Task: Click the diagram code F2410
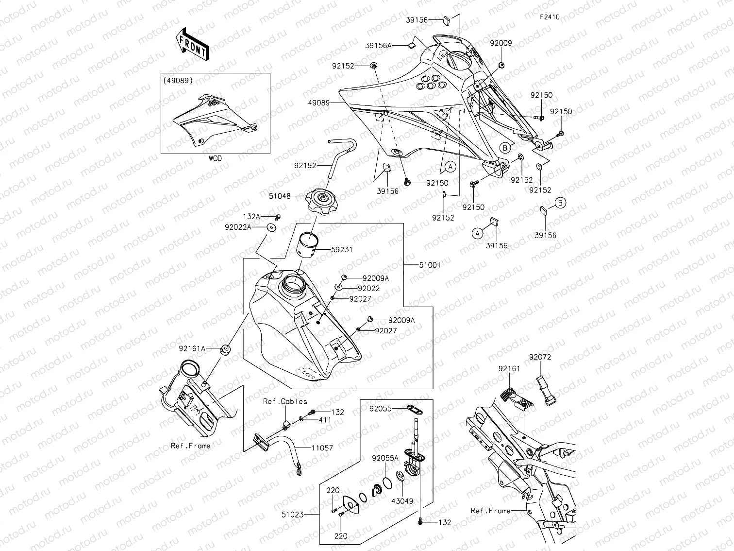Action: pos(550,17)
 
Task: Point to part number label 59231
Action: pos(342,250)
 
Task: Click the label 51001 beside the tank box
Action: pos(430,265)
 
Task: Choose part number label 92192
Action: pos(305,166)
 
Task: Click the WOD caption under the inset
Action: pos(215,159)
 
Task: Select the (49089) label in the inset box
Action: pos(178,81)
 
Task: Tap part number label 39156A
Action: pos(378,46)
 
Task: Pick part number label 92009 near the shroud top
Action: pos(500,43)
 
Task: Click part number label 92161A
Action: pos(192,348)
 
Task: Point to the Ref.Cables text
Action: pos(285,401)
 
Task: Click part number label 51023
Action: pos(293,514)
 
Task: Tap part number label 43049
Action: pos(403,501)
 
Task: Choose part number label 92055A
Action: pos(385,458)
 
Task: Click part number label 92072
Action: pos(540,357)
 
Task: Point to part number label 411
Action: pos(325,420)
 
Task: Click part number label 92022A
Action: pos(238,227)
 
